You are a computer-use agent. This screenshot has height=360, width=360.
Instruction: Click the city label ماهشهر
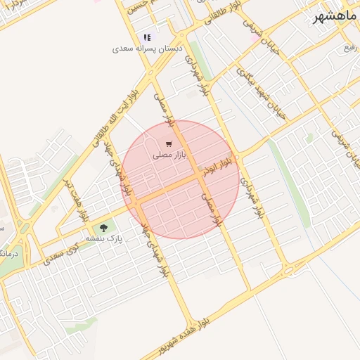coord(336,16)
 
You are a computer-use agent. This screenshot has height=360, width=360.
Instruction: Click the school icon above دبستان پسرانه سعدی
coord(147,37)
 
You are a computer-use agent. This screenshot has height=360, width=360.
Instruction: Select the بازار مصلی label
coord(168,155)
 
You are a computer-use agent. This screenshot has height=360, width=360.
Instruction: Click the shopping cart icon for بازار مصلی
coord(168,143)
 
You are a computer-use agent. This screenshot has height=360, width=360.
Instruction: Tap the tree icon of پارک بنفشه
coord(104,227)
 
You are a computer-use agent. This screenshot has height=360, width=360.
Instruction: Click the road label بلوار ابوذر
coord(217,167)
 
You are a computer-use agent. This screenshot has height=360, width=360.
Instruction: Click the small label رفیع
coord(349,47)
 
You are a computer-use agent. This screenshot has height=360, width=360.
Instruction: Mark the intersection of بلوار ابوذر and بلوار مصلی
coord(198,176)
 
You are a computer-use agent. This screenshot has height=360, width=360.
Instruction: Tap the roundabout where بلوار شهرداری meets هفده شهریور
coord(288,271)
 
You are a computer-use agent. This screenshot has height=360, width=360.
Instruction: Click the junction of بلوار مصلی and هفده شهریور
coord(248,290)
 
